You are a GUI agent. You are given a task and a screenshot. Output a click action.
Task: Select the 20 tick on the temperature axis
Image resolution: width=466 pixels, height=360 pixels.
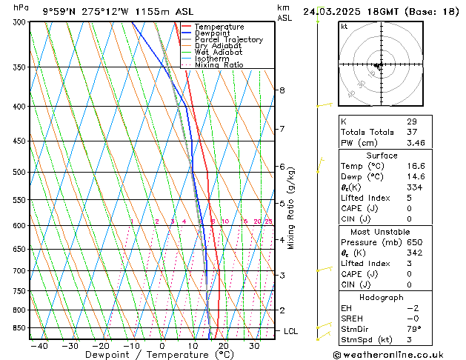click(x=223, y=345)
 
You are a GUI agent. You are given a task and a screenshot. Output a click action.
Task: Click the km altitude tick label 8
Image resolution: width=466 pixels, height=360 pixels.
click(x=282, y=90)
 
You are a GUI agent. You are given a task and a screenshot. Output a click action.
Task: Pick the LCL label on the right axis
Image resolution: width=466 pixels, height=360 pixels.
click(x=290, y=331)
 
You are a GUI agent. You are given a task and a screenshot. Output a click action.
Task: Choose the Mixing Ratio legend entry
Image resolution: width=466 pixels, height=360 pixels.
click(x=219, y=65)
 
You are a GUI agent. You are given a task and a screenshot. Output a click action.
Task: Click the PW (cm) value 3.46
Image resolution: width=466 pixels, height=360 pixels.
click(x=416, y=142)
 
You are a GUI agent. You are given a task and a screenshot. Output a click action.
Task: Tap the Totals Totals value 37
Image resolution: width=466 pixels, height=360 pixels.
click(x=412, y=132)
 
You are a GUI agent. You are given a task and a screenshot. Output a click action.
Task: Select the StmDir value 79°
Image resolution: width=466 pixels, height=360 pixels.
click(x=414, y=329)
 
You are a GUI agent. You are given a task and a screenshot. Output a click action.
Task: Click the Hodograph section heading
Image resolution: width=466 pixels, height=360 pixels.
click(x=382, y=297)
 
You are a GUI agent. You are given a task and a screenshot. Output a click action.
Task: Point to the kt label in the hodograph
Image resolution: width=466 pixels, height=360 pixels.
click(x=344, y=26)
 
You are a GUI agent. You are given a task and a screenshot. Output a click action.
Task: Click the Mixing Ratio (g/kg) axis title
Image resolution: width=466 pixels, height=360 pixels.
click(x=290, y=208)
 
